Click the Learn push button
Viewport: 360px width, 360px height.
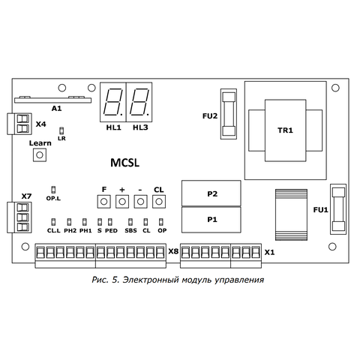[40, 154]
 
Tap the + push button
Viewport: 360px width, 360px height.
[122, 202]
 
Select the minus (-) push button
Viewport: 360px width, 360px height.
[141, 202]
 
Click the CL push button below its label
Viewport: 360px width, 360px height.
[159, 202]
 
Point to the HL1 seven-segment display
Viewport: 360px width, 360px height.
[113, 102]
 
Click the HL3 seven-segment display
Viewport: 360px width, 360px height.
[139, 102]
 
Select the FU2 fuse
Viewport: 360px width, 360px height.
[229, 114]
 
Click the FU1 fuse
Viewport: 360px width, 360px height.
[338, 209]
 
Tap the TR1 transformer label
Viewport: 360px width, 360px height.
[285, 130]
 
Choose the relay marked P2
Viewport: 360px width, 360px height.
[211, 193]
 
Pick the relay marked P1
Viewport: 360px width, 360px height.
[211, 220]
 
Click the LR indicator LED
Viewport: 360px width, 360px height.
[61, 130]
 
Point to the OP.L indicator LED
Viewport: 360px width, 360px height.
[53, 190]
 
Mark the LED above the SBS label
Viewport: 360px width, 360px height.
[130, 222]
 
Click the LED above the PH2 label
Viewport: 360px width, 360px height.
[69, 222]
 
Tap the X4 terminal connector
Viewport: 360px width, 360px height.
[19, 124]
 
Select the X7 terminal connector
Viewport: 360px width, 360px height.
[19, 217]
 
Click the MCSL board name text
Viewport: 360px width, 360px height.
[124, 163]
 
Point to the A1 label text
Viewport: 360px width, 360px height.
[56, 109]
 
